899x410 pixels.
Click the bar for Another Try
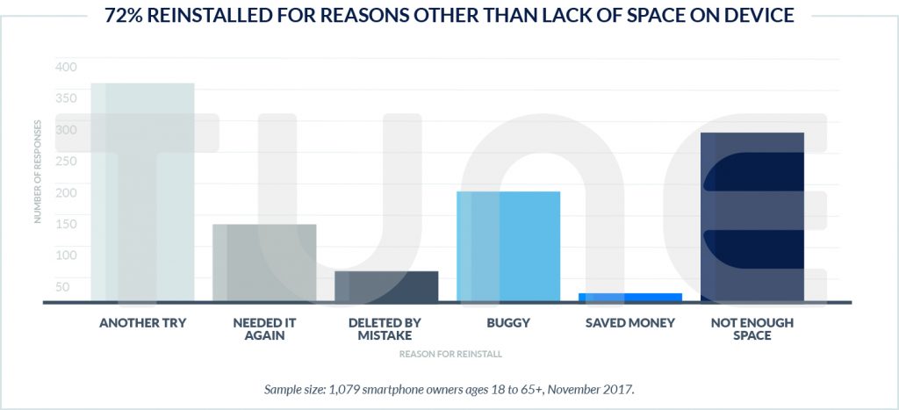[142, 193]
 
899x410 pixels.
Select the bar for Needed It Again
[264, 263]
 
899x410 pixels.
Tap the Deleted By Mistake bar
[386, 286]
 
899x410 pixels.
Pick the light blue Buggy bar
[508, 247]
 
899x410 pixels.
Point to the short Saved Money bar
[630, 298]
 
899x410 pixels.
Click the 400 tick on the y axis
[66, 67]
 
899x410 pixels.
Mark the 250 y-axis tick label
[66, 162]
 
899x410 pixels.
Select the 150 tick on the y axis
[66, 224]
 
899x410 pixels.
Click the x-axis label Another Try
[142, 323]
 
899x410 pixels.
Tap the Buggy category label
[508, 323]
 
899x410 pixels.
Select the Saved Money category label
[630, 323]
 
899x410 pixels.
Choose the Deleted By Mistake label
[386, 329]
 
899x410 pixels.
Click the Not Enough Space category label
[752, 329]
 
